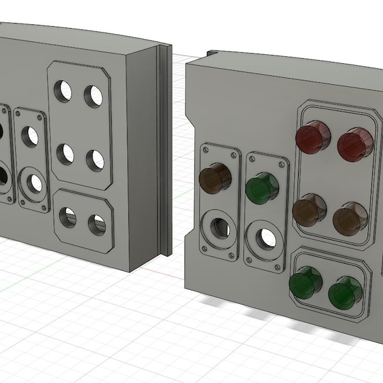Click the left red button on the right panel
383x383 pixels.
tap(312, 137)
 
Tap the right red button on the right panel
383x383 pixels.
tap(355, 143)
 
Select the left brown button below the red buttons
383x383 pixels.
tap(310, 211)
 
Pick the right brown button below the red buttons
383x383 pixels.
tap(350, 218)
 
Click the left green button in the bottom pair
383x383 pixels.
tap(305, 283)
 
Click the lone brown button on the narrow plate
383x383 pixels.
tap(216, 178)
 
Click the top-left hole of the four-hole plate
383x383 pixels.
tap(63, 92)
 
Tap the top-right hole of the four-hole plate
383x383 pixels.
tap(94, 96)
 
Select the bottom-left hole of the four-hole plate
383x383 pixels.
tap(64, 154)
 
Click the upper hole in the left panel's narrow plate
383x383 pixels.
tap(30, 136)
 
